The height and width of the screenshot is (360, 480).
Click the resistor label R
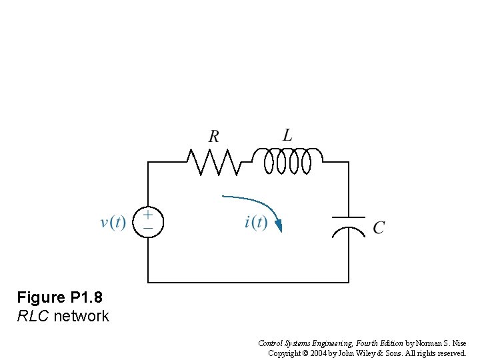point(214,137)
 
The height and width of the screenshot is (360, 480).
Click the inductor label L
point(287,135)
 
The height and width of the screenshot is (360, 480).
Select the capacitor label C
point(379,228)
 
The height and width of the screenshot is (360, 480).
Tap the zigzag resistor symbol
point(213,162)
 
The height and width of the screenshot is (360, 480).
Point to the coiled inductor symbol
point(287,161)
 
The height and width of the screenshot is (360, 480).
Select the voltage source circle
point(147,222)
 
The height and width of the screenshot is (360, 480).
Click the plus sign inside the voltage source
point(147,215)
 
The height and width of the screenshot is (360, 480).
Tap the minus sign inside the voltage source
point(147,228)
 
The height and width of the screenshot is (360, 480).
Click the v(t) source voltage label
point(113,222)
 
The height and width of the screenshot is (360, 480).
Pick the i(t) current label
point(256,222)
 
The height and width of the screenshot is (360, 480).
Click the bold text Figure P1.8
point(60,297)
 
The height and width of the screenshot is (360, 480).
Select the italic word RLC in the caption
point(33,316)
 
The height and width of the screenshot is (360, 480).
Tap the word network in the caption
point(81,316)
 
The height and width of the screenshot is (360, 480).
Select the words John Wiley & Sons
point(373,353)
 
